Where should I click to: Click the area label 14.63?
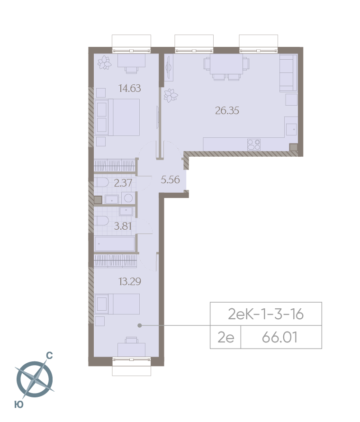tap(130, 88)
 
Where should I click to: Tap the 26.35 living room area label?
tap(227, 111)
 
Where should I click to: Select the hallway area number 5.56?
tap(170, 180)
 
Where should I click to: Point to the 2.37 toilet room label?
tap(123, 183)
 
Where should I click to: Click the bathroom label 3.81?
tap(123, 226)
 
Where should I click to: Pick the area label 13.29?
tap(130, 281)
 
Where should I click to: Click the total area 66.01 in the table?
tap(280, 337)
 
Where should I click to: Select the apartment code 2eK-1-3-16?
tap(266, 314)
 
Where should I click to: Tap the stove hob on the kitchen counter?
tap(254, 144)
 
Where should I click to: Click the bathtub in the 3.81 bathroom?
tap(115, 244)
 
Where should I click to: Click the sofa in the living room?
tap(288, 73)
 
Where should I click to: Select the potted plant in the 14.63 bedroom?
tap(105, 63)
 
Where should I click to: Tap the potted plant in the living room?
tap(171, 96)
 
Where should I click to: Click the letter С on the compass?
tap(49, 356)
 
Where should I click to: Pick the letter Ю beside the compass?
tap(19, 404)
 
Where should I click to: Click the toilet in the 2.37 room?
tap(101, 183)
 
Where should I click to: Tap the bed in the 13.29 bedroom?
tap(117, 304)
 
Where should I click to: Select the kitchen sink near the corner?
tap(291, 129)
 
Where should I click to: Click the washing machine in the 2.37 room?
tap(128, 198)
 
